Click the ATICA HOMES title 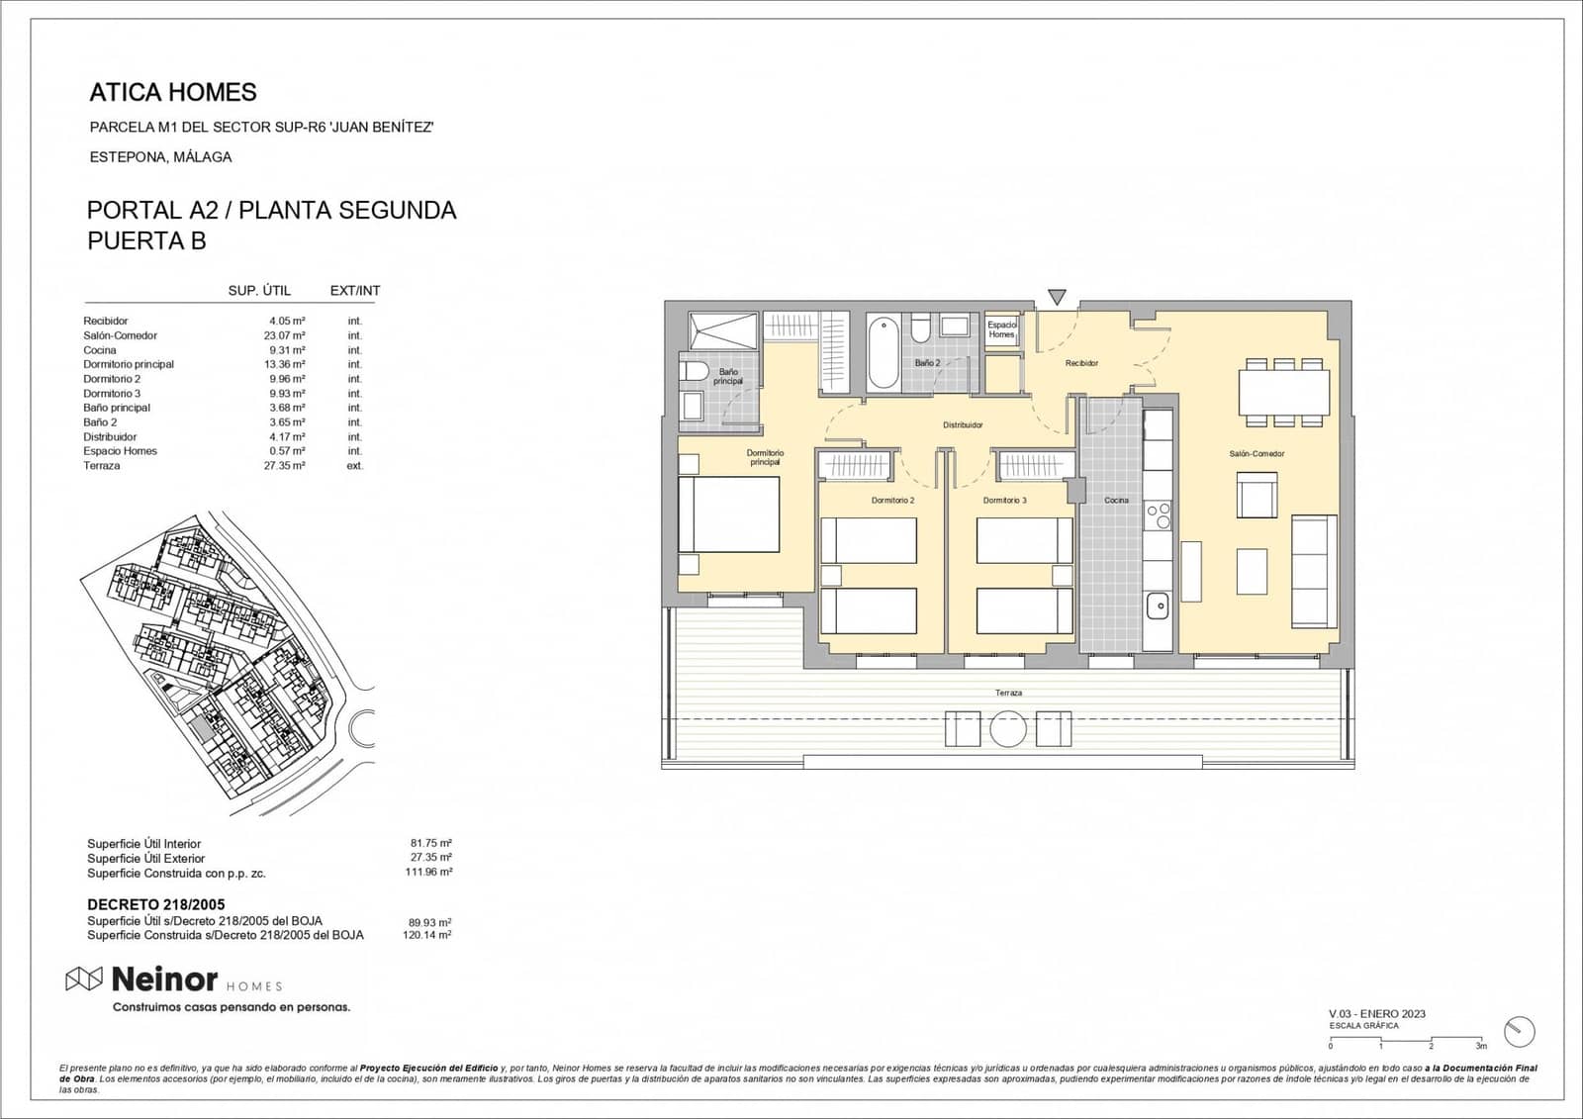tap(173, 92)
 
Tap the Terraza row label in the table tap(102, 465)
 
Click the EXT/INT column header tap(354, 291)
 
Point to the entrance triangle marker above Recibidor tap(1057, 297)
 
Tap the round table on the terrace tap(1008, 729)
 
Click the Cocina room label tap(1116, 501)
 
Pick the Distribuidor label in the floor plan tap(963, 425)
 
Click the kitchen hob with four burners tap(1158, 514)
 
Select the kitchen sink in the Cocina tap(1157, 606)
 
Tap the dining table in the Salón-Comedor tap(1284, 393)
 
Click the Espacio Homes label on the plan tap(1001, 329)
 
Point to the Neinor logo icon tap(84, 979)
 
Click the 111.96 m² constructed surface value tap(428, 873)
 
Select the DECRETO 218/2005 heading tap(156, 904)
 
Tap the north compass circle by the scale tap(1520, 1031)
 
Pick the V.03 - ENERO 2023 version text tap(1376, 1014)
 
